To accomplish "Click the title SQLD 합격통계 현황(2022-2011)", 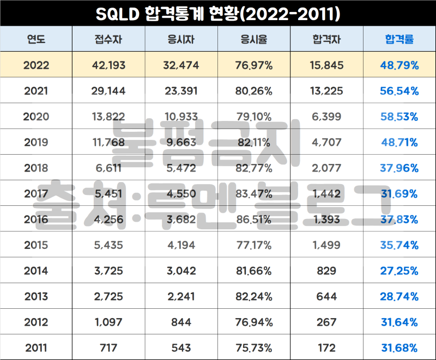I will (218, 13).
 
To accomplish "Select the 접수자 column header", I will (108, 39).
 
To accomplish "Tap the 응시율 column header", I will (254, 39).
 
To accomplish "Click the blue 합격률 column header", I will (399, 39).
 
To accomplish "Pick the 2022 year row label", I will (37, 65).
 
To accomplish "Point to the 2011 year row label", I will (37, 347).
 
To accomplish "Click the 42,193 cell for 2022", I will (108, 65).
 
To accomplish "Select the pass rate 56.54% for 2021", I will (399, 91).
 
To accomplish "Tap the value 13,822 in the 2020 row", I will (108, 117).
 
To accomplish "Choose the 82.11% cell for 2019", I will (254, 142).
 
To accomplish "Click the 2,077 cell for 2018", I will (327, 168).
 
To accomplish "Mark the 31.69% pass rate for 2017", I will (399, 194).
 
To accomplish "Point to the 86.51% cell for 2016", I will (254, 219).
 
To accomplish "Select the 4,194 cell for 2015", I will (181, 245).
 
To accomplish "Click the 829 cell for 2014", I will (327, 271).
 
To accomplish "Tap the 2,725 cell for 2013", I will (108, 296).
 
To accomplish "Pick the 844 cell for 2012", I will (181, 322).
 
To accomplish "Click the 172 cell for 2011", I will (327, 347).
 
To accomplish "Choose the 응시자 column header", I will (181, 39).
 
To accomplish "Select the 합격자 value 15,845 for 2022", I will (327, 65).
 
